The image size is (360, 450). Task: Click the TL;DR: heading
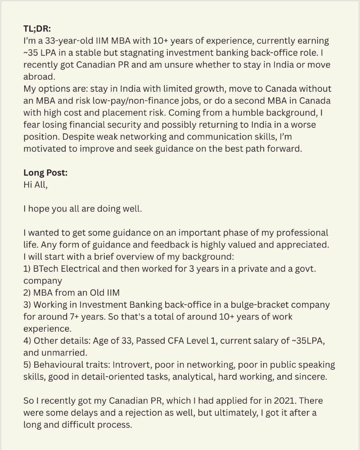(x=38, y=29)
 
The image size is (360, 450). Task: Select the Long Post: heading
(x=45, y=172)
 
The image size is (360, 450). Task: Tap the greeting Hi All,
(x=35, y=184)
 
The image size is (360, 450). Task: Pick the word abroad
(x=38, y=76)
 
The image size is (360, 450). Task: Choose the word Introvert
(x=130, y=364)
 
